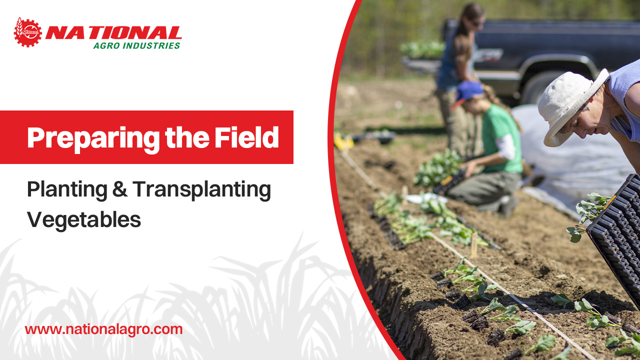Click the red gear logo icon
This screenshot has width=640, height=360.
click(x=28, y=32)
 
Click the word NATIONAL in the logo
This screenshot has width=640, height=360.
click(x=113, y=33)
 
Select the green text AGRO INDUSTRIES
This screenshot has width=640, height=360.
click(x=136, y=45)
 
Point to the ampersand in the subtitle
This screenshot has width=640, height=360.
click(x=120, y=190)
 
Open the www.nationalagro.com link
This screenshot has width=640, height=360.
click(x=103, y=329)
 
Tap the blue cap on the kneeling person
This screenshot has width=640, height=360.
click(x=467, y=91)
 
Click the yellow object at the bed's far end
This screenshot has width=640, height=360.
click(x=344, y=141)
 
